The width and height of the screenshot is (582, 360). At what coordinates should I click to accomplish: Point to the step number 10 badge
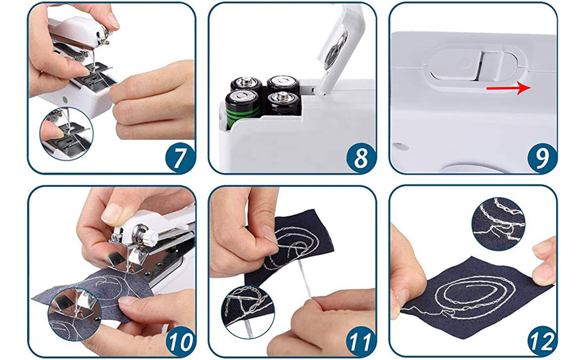tap(181, 341)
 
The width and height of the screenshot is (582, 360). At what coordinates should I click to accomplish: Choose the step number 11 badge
tap(361, 341)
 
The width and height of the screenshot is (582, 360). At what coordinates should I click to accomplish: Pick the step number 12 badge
tap(542, 341)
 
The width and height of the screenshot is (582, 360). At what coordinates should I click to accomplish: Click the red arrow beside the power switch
tap(509, 88)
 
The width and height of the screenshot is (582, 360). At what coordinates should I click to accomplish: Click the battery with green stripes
tap(243, 109)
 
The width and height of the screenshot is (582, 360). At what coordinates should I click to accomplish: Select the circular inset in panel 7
tap(67, 133)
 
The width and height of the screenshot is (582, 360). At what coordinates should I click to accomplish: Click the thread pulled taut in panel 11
tap(305, 278)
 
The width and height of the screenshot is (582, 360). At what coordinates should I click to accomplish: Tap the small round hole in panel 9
tap(398, 146)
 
